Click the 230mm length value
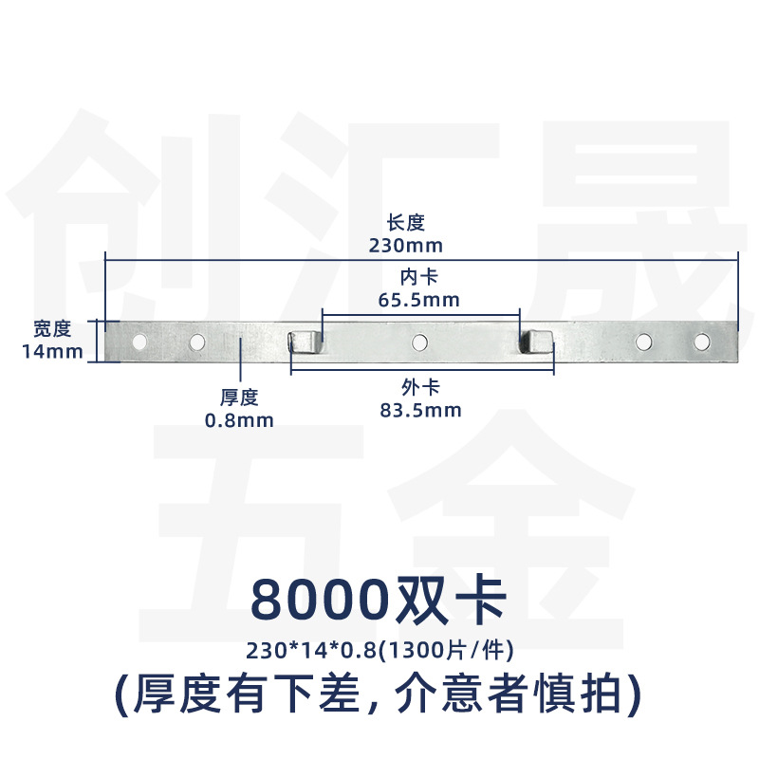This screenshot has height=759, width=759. pyautogui.click(x=406, y=246)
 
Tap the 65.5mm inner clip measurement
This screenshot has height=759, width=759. pyautogui.click(x=418, y=300)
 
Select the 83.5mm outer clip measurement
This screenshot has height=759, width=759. pyautogui.click(x=420, y=410)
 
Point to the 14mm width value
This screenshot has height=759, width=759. pyautogui.click(x=52, y=351)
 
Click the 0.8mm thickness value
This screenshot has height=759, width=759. pyautogui.click(x=239, y=420)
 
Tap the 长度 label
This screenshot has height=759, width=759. pyautogui.click(x=406, y=223)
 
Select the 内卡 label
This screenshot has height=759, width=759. pyautogui.click(x=418, y=277)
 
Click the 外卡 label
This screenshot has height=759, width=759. pyautogui.click(x=420, y=388)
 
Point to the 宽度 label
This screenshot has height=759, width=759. pyautogui.click(x=52, y=329)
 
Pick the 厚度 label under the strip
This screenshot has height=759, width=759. pyautogui.click(x=239, y=398)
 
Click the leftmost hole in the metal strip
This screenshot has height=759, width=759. pyautogui.click(x=139, y=342)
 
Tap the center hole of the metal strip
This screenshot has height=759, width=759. pyautogui.click(x=419, y=342)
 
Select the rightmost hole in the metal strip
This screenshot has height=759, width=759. pyautogui.click(x=701, y=342)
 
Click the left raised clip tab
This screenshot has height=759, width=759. pyautogui.click(x=304, y=342)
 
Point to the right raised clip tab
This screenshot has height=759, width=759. pyautogui.click(x=535, y=342)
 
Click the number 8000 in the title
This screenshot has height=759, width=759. pyautogui.click(x=320, y=600)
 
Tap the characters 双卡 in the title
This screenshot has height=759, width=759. pyautogui.click(x=452, y=600)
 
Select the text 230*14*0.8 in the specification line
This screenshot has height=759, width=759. pyautogui.click(x=311, y=650)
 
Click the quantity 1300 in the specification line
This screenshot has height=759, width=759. pyautogui.click(x=415, y=650)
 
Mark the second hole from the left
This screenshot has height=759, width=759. pyautogui.click(x=197, y=342)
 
